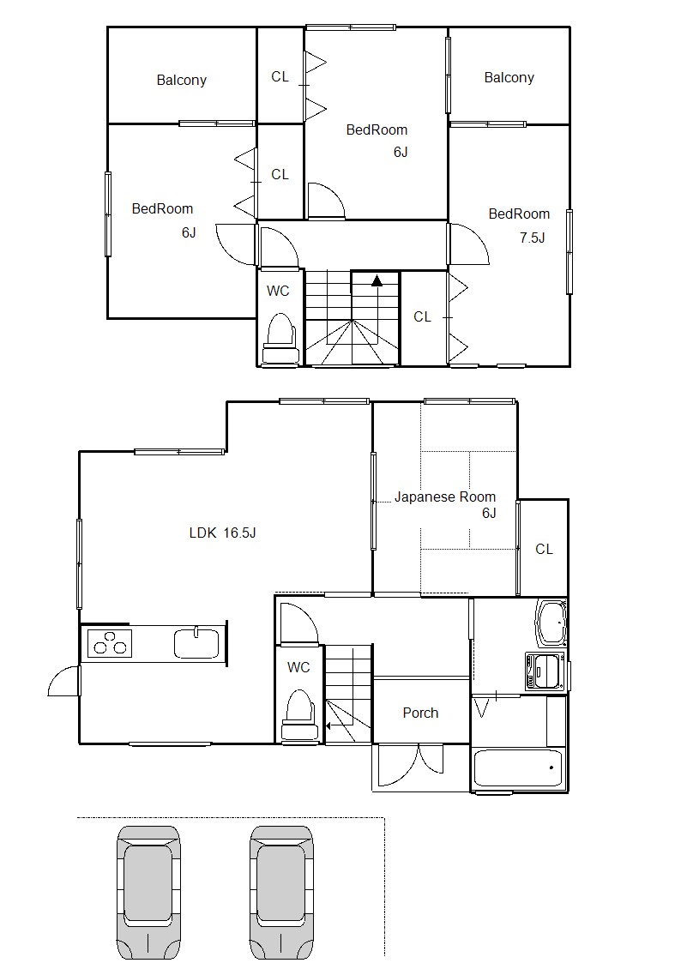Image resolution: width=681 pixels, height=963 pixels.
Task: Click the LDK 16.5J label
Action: tap(222, 533)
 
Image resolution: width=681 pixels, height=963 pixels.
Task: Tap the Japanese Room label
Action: tap(444, 497)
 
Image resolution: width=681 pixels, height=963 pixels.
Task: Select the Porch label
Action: tap(420, 713)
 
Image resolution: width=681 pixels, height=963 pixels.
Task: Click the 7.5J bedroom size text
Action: tap(533, 238)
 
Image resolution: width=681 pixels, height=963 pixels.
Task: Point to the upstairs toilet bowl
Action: tap(281, 339)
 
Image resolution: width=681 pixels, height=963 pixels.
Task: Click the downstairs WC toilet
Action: tap(298, 715)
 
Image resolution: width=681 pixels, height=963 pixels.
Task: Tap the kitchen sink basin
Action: tap(196, 644)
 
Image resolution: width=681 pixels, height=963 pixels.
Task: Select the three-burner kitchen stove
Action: tap(110, 643)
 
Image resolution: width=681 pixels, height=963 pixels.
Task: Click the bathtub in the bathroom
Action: tap(518, 767)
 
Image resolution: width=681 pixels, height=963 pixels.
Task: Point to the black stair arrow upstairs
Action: tap(377, 280)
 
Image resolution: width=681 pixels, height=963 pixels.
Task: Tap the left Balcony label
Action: tap(181, 80)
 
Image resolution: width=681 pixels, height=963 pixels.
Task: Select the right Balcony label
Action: tap(509, 77)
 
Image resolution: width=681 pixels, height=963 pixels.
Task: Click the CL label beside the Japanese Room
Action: tap(544, 549)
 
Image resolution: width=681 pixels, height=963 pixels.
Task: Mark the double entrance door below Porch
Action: tap(410, 766)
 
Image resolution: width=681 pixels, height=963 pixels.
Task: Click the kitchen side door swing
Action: tap(63, 681)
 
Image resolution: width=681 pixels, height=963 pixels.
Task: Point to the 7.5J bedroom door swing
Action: tap(470, 244)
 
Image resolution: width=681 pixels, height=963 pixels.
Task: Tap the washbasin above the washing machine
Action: tap(551, 623)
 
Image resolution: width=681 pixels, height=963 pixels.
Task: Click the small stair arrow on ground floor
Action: tap(328, 726)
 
